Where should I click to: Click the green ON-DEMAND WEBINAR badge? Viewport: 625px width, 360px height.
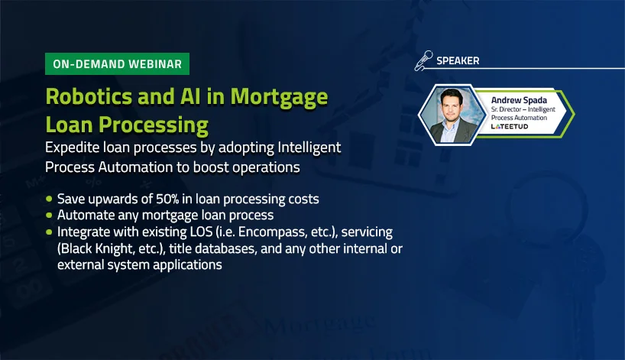[x=117, y=63]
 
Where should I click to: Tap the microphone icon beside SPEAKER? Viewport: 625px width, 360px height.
[x=424, y=60]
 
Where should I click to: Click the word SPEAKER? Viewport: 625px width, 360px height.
[x=458, y=61]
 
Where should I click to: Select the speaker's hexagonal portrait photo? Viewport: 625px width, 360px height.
[x=452, y=115]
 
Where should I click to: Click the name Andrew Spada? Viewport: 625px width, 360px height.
[x=519, y=100]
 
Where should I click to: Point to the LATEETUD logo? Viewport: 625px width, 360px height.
[x=510, y=126]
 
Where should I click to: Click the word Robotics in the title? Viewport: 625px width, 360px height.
[x=88, y=96]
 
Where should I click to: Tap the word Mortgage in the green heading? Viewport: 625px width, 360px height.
[x=279, y=98]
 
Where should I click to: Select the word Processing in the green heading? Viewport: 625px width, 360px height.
[x=154, y=125]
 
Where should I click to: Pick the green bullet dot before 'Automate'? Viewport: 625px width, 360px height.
[x=49, y=215]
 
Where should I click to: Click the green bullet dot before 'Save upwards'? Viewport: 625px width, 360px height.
[x=49, y=199]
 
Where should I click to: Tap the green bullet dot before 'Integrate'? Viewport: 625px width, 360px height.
[x=49, y=232]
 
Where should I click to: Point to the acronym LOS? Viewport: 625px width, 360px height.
[x=202, y=232]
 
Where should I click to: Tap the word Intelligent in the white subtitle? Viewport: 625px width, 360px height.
[x=309, y=148]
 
